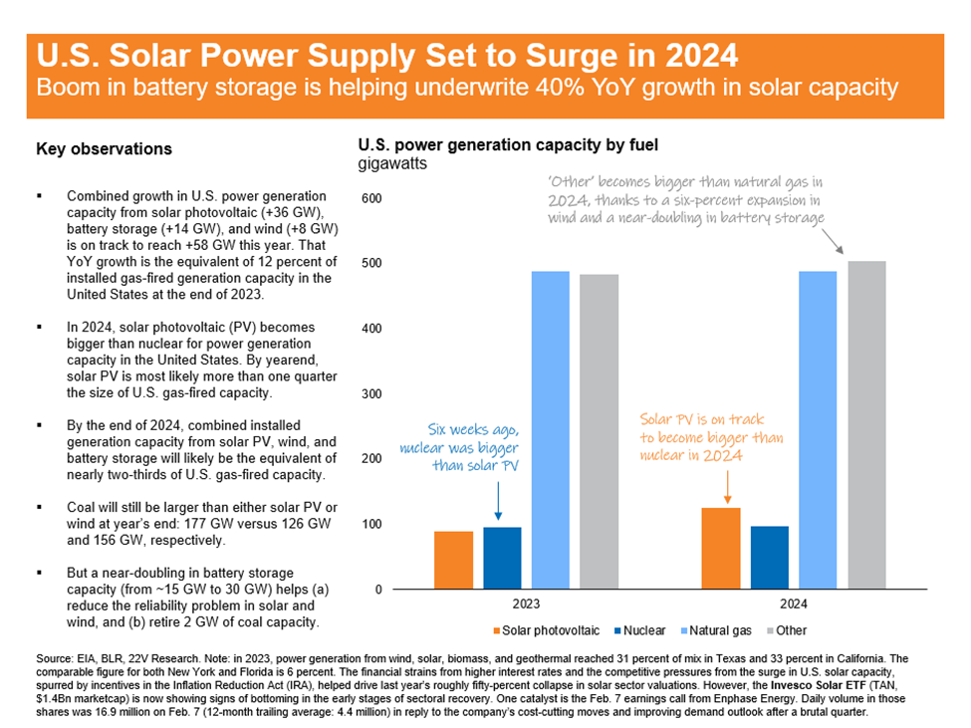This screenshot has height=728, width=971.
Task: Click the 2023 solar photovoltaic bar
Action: (x=453, y=560)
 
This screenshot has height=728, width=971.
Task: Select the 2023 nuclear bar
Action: (x=502, y=558)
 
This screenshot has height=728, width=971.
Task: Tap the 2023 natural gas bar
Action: (x=551, y=429)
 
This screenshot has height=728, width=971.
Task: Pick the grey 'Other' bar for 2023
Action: (x=599, y=431)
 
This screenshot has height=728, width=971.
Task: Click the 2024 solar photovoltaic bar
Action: (x=721, y=548)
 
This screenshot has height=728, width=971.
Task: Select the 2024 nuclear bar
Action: (x=770, y=557)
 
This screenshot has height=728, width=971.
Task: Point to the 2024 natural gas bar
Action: (x=818, y=429)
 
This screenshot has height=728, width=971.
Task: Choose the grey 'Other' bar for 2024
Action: (x=867, y=424)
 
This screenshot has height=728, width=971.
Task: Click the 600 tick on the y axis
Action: (x=371, y=198)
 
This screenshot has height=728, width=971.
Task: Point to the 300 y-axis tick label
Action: (x=371, y=393)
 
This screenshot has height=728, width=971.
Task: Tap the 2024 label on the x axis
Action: (x=794, y=604)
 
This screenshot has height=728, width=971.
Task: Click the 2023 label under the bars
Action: (x=526, y=604)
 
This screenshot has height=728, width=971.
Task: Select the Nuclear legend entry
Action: (x=639, y=630)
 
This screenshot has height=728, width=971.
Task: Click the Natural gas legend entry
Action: (x=716, y=630)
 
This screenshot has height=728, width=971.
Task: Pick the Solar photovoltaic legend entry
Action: (x=546, y=630)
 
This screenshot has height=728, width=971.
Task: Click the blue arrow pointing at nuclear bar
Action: (x=498, y=501)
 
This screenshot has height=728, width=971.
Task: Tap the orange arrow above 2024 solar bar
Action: (x=728, y=487)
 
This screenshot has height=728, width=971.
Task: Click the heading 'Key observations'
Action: (x=104, y=148)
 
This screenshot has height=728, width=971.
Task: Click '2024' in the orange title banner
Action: (x=701, y=56)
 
